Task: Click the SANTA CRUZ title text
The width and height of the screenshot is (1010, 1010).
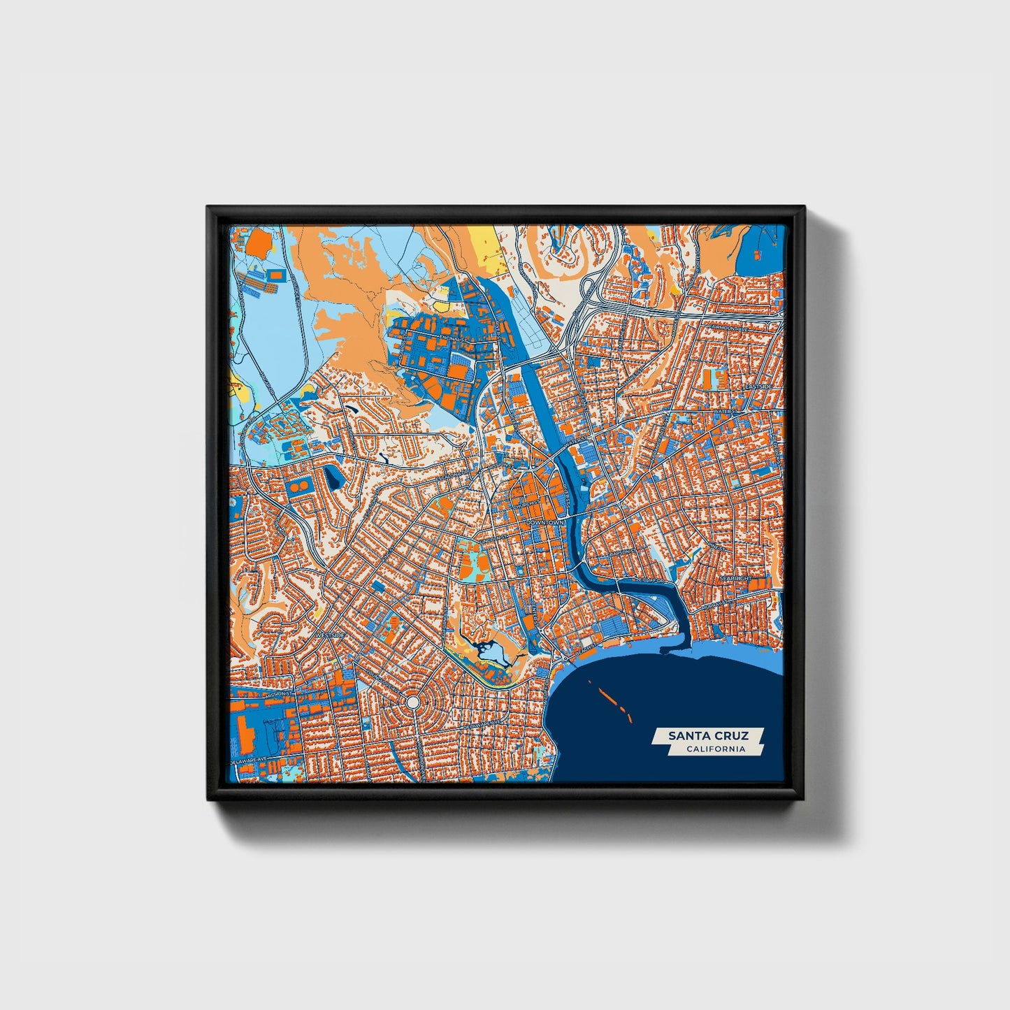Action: [x=708, y=735]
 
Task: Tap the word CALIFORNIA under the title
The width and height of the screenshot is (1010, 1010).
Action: [x=715, y=749]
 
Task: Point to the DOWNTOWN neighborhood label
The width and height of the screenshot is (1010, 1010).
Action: [x=545, y=522]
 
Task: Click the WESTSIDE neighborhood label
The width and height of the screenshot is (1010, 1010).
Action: [x=330, y=635]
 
